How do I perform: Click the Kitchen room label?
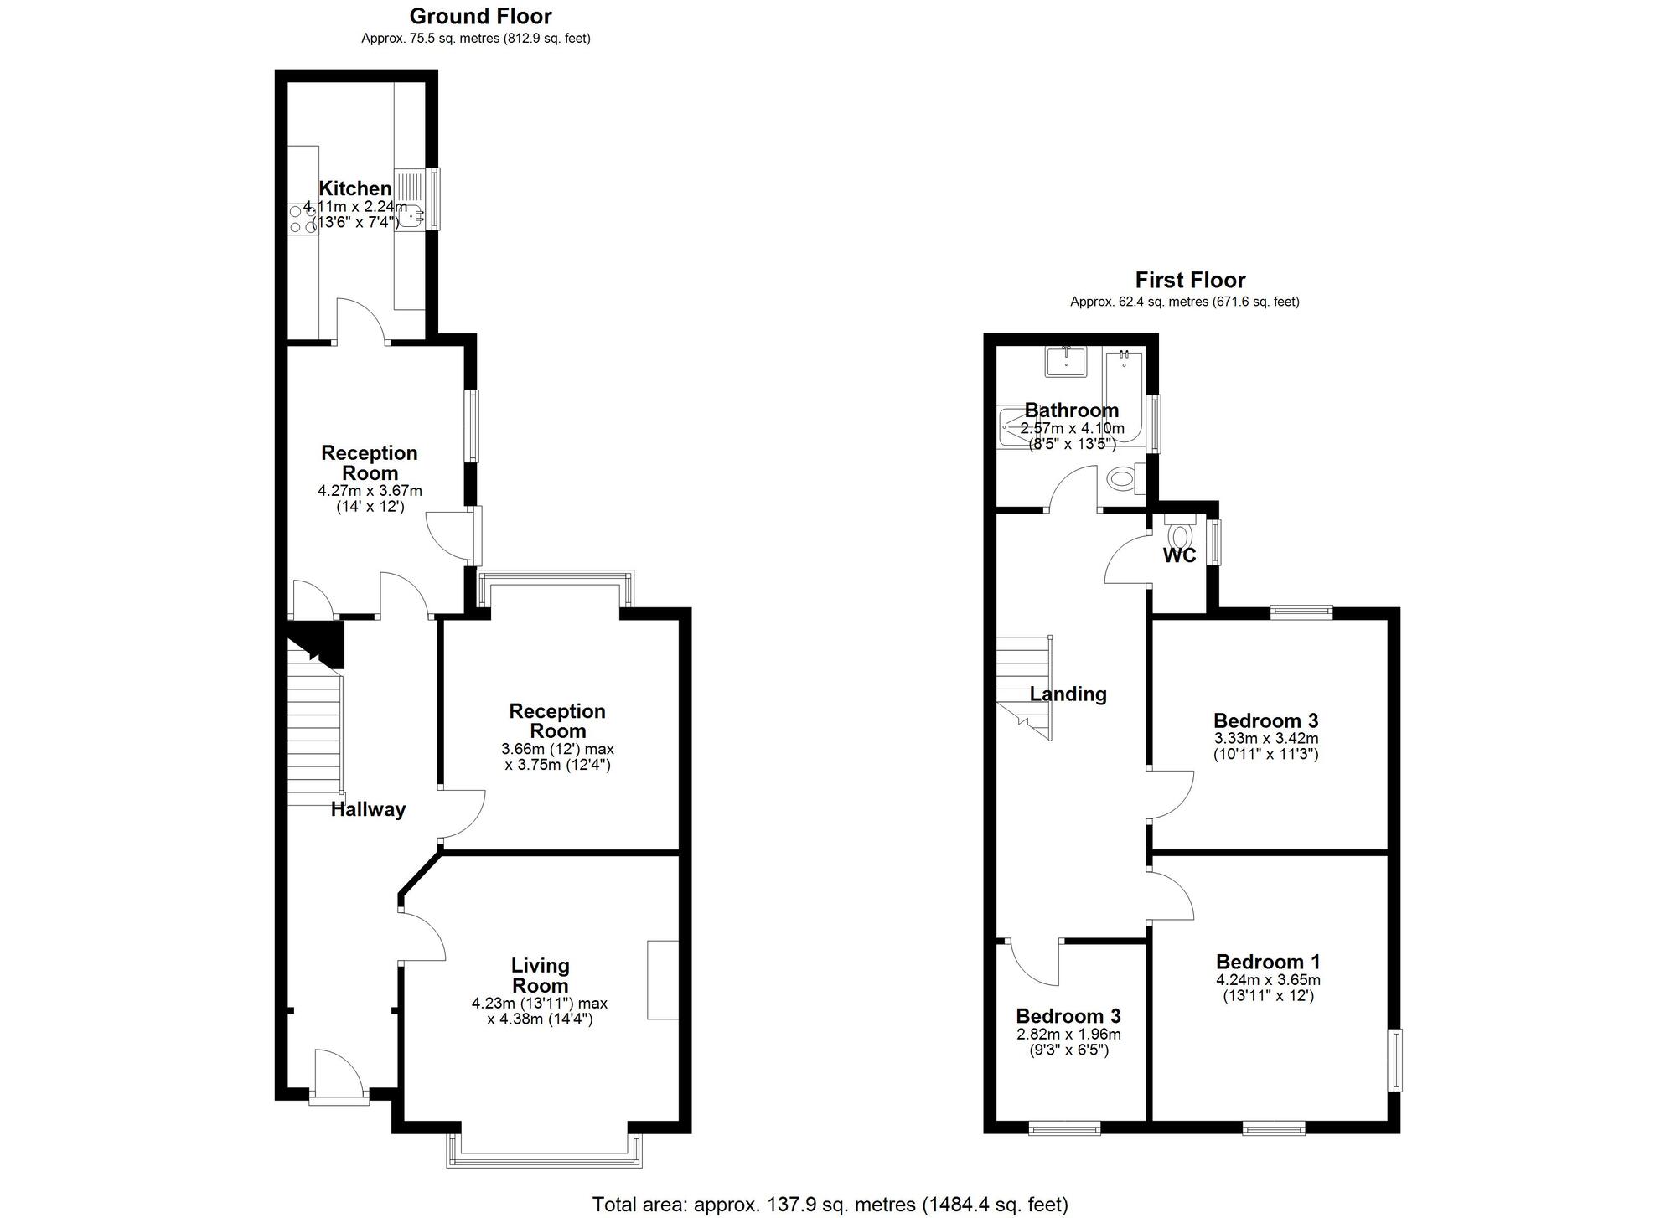pyautogui.click(x=355, y=188)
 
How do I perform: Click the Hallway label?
pyautogui.click(x=368, y=809)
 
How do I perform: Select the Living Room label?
pyautogui.click(x=541, y=976)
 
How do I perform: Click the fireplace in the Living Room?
pyautogui.click(x=662, y=979)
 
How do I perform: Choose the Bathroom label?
pyautogui.click(x=1072, y=410)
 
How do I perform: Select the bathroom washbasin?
pyautogui.click(x=1066, y=363)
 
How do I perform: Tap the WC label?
pyautogui.click(x=1179, y=555)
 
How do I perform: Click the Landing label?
pyautogui.click(x=1068, y=694)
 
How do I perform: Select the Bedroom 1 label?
pyautogui.click(x=1268, y=963)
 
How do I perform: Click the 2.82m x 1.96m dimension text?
pyautogui.click(x=1068, y=1035)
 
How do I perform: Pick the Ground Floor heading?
pyautogui.click(x=480, y=16)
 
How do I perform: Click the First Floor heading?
pyautogui.click(x=1190, y=280)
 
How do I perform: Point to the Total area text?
pyautogui.click(x=830, y=1205)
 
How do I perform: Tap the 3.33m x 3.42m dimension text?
pyautogui.click(x=1266, y=739)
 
